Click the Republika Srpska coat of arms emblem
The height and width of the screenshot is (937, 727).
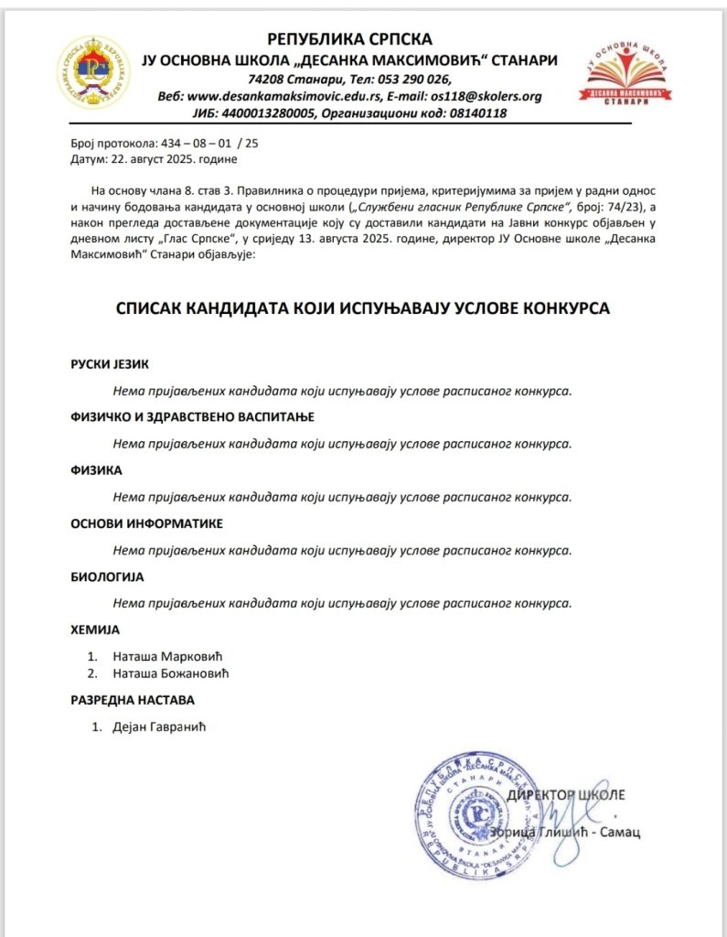click(x=90, y=70)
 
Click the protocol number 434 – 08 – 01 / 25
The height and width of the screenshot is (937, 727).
click(x=197, y=145)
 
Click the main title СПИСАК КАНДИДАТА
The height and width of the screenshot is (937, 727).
click(x=363, y=309)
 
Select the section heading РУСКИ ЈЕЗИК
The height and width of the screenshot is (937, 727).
click(x=109, y=363)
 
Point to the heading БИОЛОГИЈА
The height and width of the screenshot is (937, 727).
click(x=107, y=577)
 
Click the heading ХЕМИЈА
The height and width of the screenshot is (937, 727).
click(x=95, y=630)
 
